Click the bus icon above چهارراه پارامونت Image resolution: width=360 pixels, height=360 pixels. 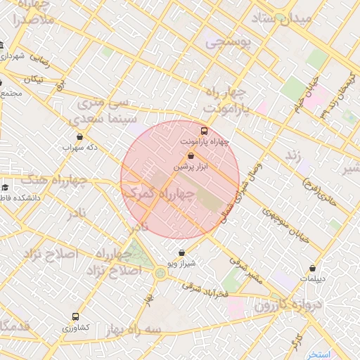coord(204,131)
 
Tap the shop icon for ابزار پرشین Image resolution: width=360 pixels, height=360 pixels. coord(192,155)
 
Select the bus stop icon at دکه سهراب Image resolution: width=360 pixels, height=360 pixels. coord(79,137)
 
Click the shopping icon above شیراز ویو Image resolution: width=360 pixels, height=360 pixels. coord(182,252)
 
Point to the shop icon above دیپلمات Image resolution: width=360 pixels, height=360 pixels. coord(313,268)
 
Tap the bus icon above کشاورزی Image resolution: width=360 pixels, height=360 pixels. coord(75,317)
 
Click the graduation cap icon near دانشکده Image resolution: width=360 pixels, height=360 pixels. coord(6,187)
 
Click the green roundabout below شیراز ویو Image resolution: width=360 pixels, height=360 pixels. coord(161,272)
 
